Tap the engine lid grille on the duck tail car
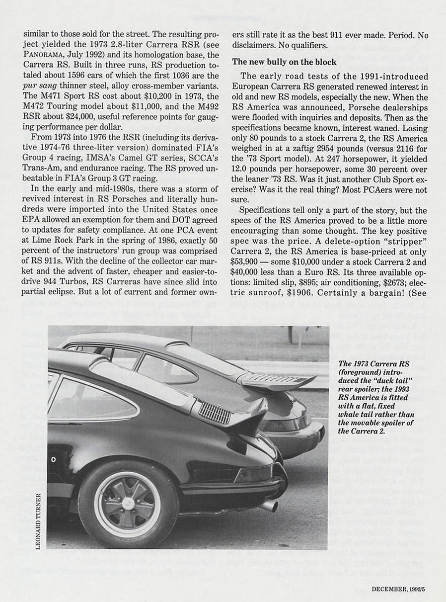[215, 412]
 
